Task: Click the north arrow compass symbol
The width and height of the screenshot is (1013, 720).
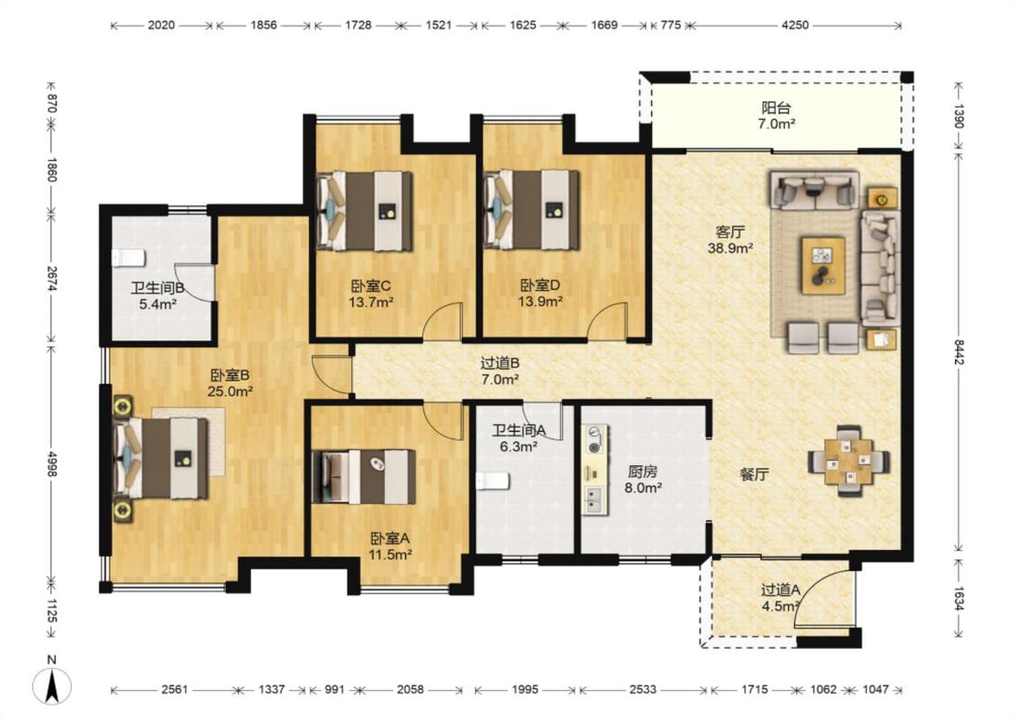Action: pyautogui.click(x=52, y=685)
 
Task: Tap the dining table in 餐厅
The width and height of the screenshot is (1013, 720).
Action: pyautogui.click(x=848, y=461)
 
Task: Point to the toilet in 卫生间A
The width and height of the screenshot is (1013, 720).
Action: pyautogui.click(x=493, y=481)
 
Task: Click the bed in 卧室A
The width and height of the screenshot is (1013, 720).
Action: pyautogui.click(x=363, y=477)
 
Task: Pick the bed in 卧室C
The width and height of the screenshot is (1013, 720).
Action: pyautogui.click(x=365, y=211)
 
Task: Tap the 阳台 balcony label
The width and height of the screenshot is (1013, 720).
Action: pyautogui.click(x=776, y=107)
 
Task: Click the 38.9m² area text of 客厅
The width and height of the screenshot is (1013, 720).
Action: pyautogui.click(x=730, y=248)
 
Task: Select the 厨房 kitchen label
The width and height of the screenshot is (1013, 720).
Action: pyautogui.click(x=643, y=472)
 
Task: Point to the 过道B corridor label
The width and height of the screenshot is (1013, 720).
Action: pyautogui.click(x=500, y=364)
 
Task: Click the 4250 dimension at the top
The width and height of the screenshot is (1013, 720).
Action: pyautogui.click(x=794, y=25)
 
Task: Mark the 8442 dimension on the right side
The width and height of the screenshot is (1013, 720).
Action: pyautogui.click(x=959, y=352)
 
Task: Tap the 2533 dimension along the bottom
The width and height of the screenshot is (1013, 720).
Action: pyautogui.click(x=643, y=689)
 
